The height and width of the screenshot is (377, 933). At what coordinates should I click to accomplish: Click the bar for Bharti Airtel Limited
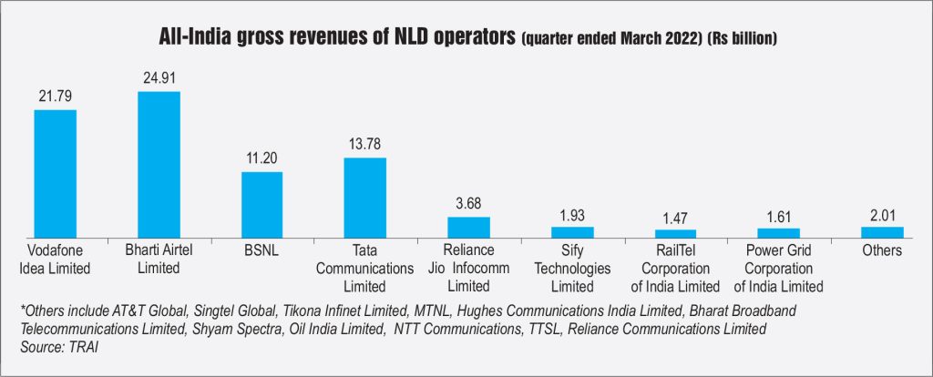(x=159, y=164)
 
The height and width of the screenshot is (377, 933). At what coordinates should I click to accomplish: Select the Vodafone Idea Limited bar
(x=55, y=173)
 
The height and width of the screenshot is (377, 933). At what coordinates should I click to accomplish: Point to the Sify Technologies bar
(x=572, y=231)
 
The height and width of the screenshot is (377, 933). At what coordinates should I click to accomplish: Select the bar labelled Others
(x=882, y=231)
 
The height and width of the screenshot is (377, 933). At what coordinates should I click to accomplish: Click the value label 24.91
(x=159, y=79)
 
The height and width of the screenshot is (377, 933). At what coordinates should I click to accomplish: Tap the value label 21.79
(x=55, y=97)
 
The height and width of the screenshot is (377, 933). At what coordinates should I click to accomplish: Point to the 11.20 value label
(x=261, y=158)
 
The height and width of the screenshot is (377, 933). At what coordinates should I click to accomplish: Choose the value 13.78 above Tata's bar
(x=364, y=146)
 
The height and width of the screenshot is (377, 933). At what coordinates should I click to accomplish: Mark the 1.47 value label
(x=675, y=218)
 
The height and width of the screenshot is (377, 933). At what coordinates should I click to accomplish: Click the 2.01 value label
(x=882, y=215)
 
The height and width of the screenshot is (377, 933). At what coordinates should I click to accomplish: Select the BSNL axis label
(x=261, y=250)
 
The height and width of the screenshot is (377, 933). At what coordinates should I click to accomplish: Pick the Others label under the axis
(x=882, y=250)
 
